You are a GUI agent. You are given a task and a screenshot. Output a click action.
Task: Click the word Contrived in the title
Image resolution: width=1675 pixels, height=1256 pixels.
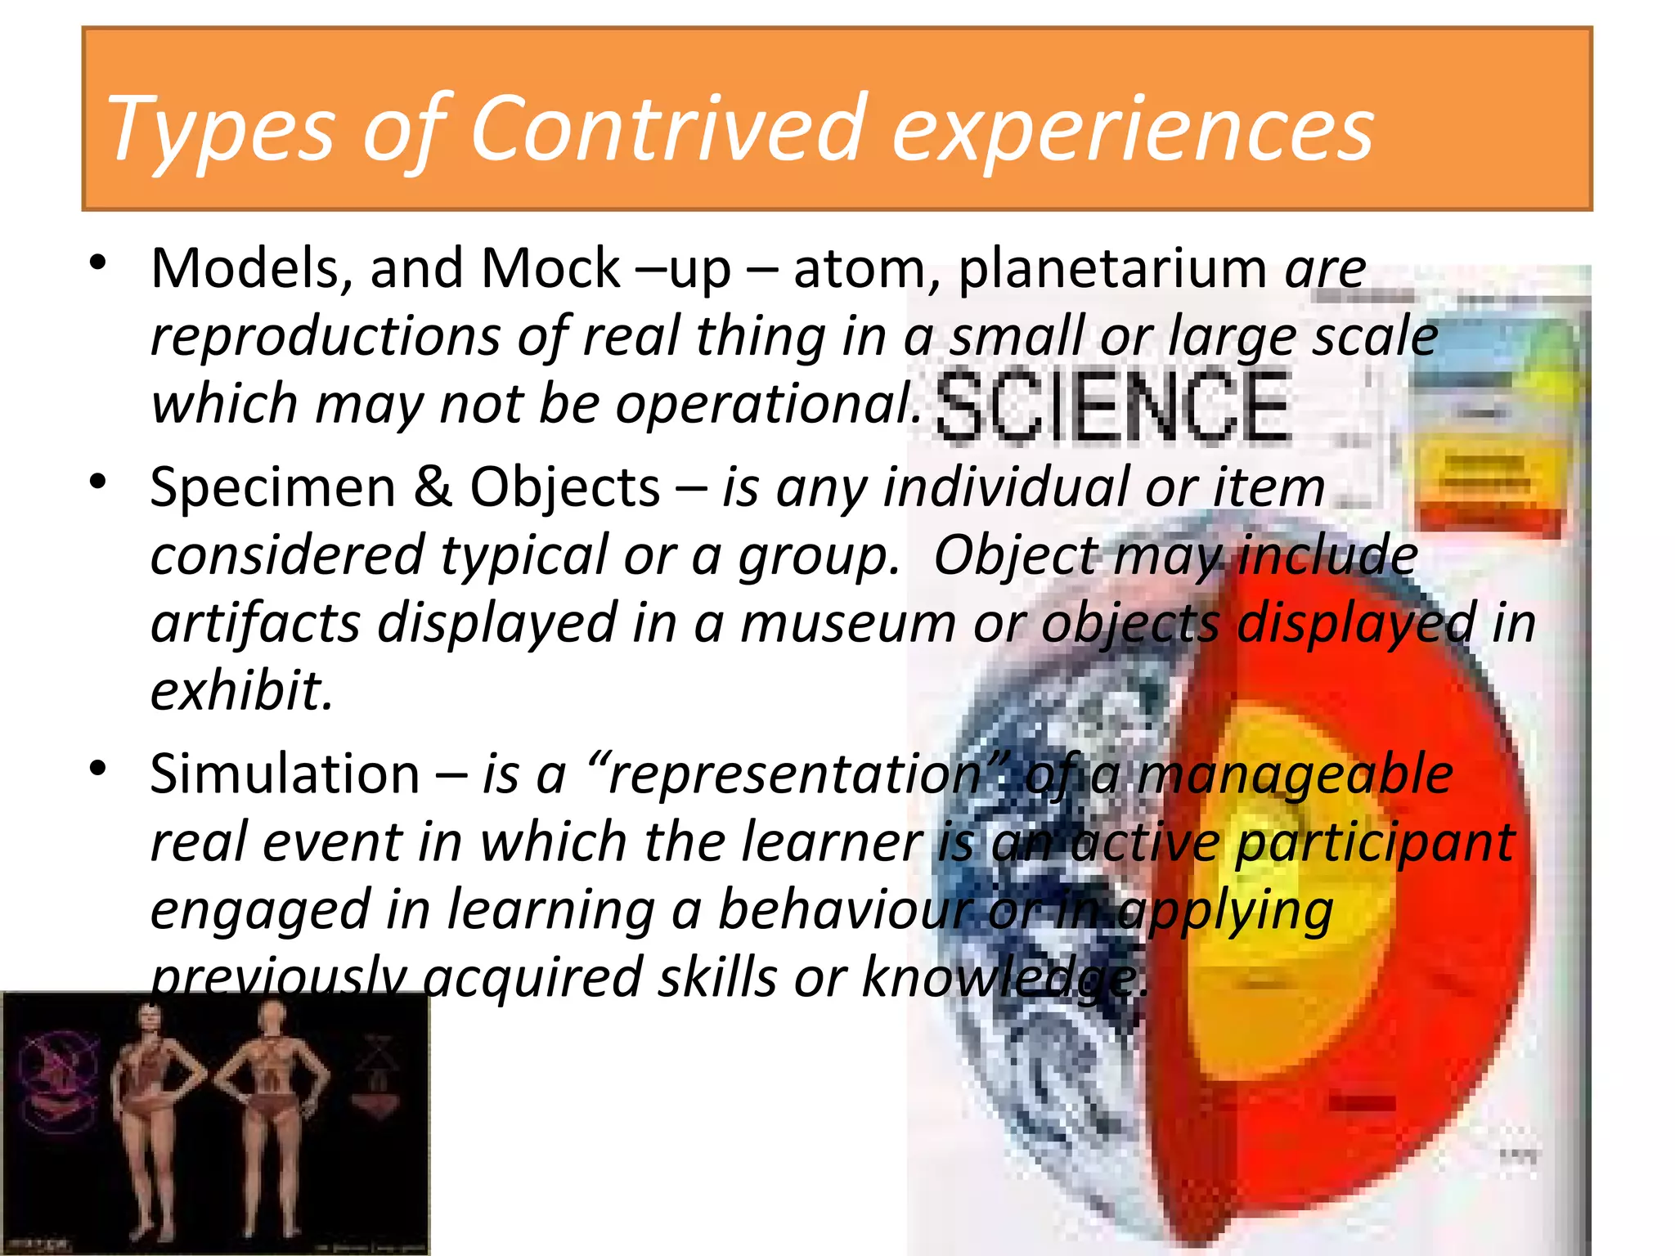pyautogui.click(x=667, y=128)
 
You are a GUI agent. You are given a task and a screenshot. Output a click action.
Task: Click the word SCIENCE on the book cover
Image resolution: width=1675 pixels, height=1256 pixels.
pyautogui.click(x=1112, y=406)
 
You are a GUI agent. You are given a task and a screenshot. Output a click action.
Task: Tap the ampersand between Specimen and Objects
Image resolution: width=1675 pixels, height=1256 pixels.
pyautogui.click(x=433, y=487)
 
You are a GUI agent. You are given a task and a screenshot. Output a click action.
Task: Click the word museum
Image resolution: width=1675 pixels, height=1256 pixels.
pyautogui.click(x=847, y=623)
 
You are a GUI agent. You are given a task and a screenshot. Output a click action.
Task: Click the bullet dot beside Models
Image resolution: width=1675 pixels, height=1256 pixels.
pyautogui.click(x=99, y=263)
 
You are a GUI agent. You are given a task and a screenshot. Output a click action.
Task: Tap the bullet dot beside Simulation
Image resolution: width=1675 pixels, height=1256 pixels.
pyautogui.click(x=99, y=769)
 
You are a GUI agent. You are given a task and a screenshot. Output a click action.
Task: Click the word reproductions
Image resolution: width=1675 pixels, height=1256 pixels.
pyautogui.click(x=326, y=337)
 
